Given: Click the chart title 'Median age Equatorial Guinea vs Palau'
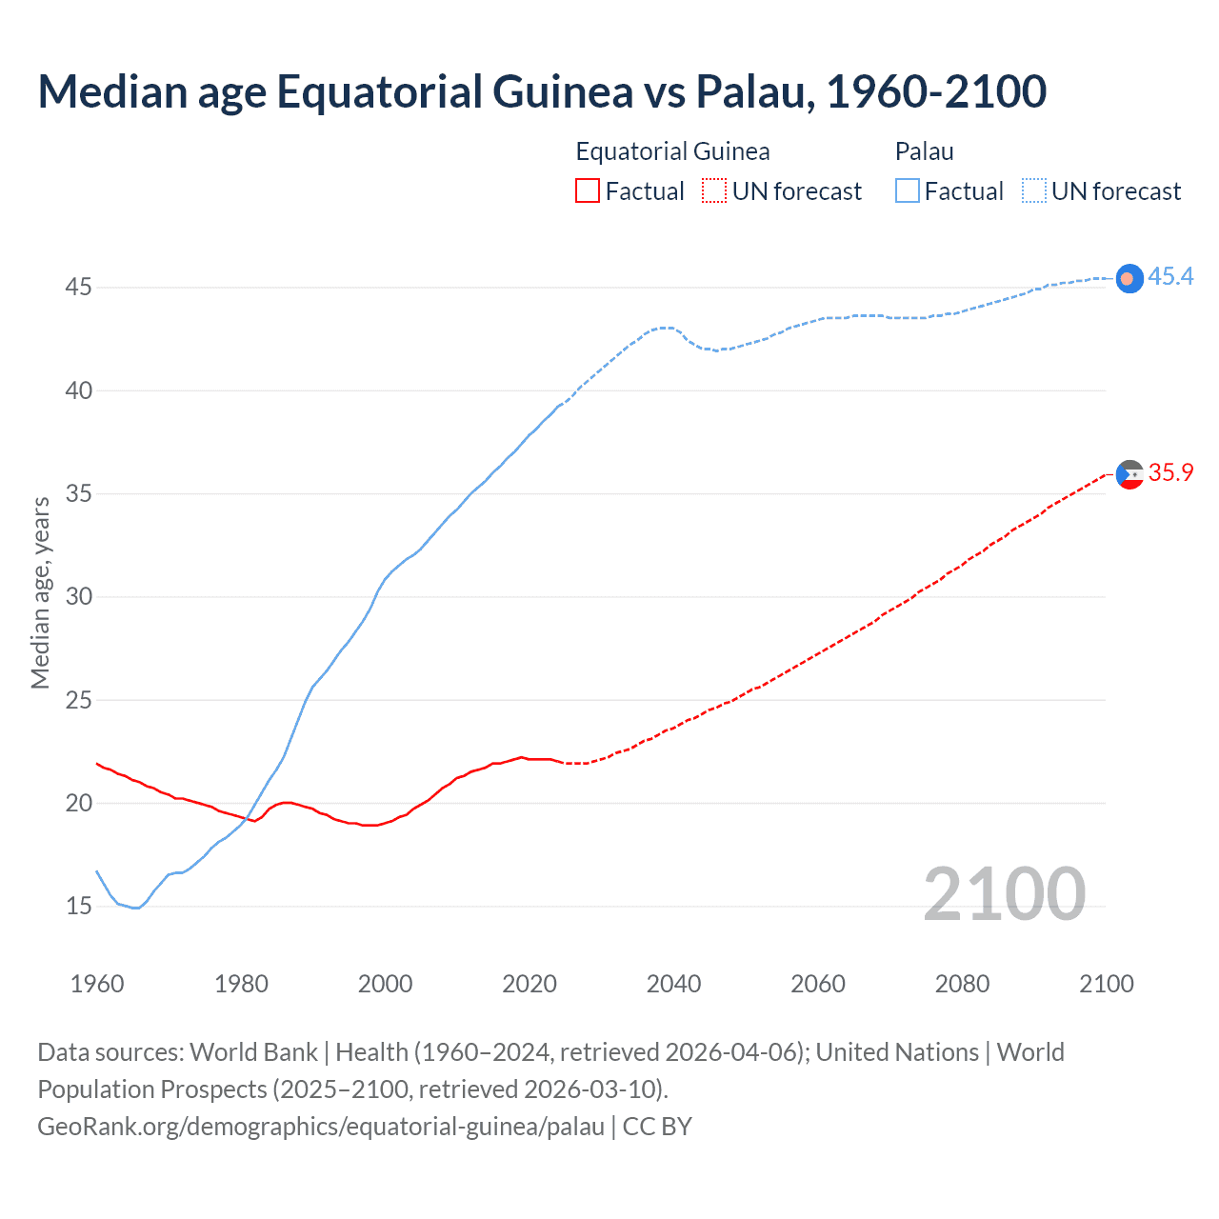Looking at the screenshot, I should click(x=542, y=91).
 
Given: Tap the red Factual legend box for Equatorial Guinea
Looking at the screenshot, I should click(x=588, y=191).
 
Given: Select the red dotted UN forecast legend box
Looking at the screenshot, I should click(x=714, y=191).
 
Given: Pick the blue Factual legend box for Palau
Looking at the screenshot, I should click(x=908, y=191).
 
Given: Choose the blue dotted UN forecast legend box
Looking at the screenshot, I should click(x=1034, y=191).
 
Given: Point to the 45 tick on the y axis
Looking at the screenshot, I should click(x=78, y=287).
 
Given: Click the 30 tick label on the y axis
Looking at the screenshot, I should click(x=78, y=597).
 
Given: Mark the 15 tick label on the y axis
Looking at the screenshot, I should click(x=78, y=907).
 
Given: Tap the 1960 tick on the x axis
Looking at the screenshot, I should click(x=97, y=984).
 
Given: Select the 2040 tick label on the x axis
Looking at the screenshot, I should click(x=673, y=984).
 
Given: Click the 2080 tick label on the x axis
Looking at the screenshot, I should click(x=962, y=984).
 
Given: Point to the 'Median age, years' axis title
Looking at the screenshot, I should click(x=40, y=592).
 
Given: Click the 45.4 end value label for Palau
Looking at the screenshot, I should click(x=1170, y=277).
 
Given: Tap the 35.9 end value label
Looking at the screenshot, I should click(x=1170, y=473).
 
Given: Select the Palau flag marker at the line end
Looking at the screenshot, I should click(x=1129, y=278).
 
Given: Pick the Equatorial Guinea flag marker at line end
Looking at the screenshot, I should click(x=1129, y=474).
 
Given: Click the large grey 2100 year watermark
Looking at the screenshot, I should click(x=1004, y=894).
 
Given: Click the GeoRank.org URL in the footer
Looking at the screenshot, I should click(x=321, y=1127).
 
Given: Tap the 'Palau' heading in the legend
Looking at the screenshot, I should click(x=924, y=151).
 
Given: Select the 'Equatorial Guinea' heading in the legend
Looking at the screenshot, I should click(x=672, y=151).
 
